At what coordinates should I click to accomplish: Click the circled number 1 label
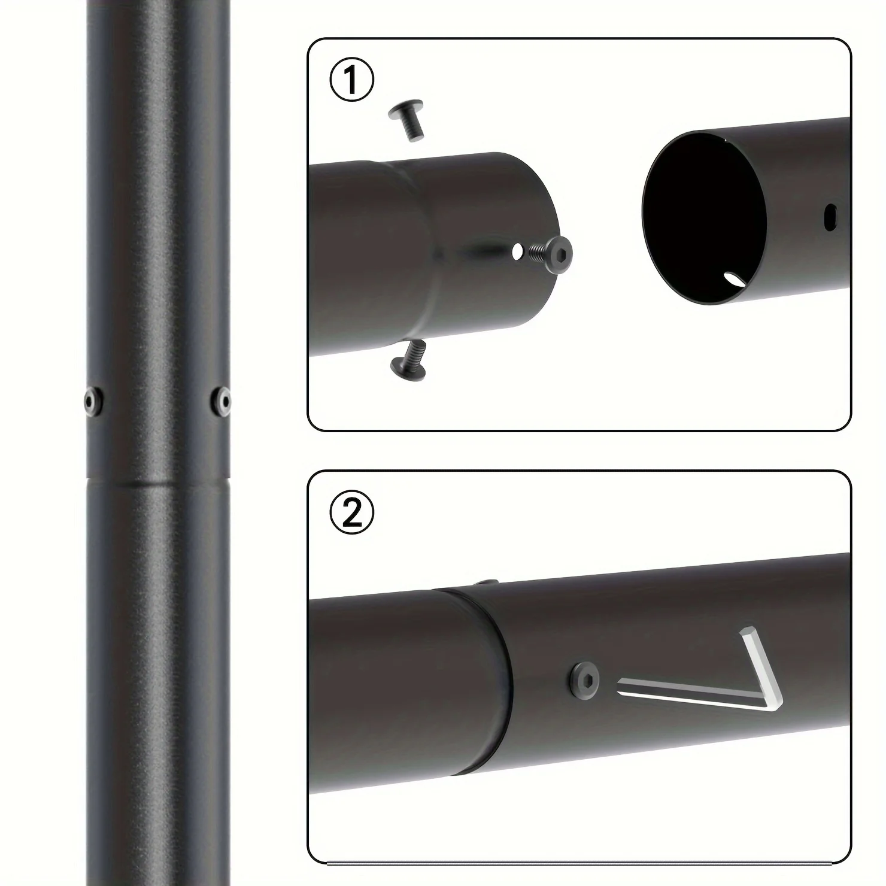point(351,81)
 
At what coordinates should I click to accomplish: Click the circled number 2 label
point(351,512)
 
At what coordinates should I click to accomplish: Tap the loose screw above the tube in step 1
point(408,120)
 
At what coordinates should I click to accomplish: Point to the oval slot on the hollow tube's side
point(830,217)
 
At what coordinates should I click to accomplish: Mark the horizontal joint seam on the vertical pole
point(158,483)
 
